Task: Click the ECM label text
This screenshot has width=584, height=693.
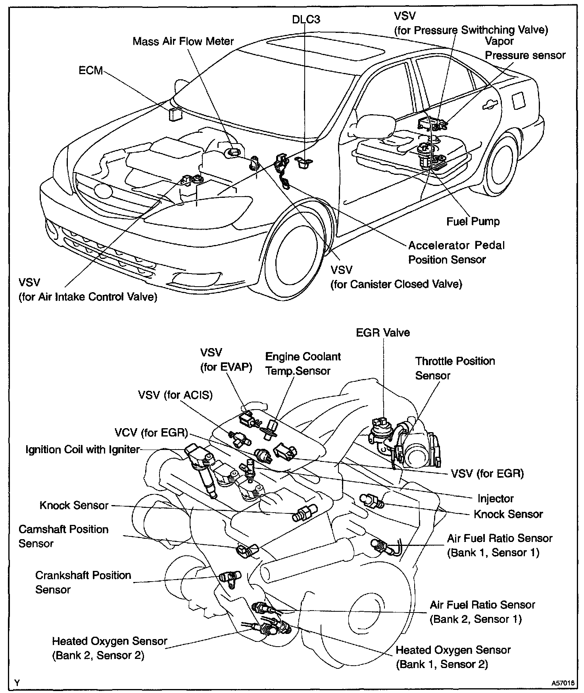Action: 90,71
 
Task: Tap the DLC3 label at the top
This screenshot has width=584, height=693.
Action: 306,19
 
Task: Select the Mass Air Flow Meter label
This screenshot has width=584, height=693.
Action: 183,41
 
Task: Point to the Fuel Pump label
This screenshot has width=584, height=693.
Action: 473,221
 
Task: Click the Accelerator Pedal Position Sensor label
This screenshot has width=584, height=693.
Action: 456,253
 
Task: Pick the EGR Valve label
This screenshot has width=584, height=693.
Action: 383,332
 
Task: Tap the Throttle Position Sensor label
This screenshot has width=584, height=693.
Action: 455,368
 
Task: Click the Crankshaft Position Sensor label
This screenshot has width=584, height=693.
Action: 83,582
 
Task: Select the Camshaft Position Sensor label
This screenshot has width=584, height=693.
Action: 63,536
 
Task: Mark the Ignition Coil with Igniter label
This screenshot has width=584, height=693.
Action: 83,449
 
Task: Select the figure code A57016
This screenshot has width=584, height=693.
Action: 563,683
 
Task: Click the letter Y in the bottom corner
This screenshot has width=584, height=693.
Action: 17,682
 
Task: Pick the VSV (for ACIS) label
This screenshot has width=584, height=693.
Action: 175,395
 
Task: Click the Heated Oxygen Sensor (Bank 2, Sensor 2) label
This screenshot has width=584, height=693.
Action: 109,648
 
